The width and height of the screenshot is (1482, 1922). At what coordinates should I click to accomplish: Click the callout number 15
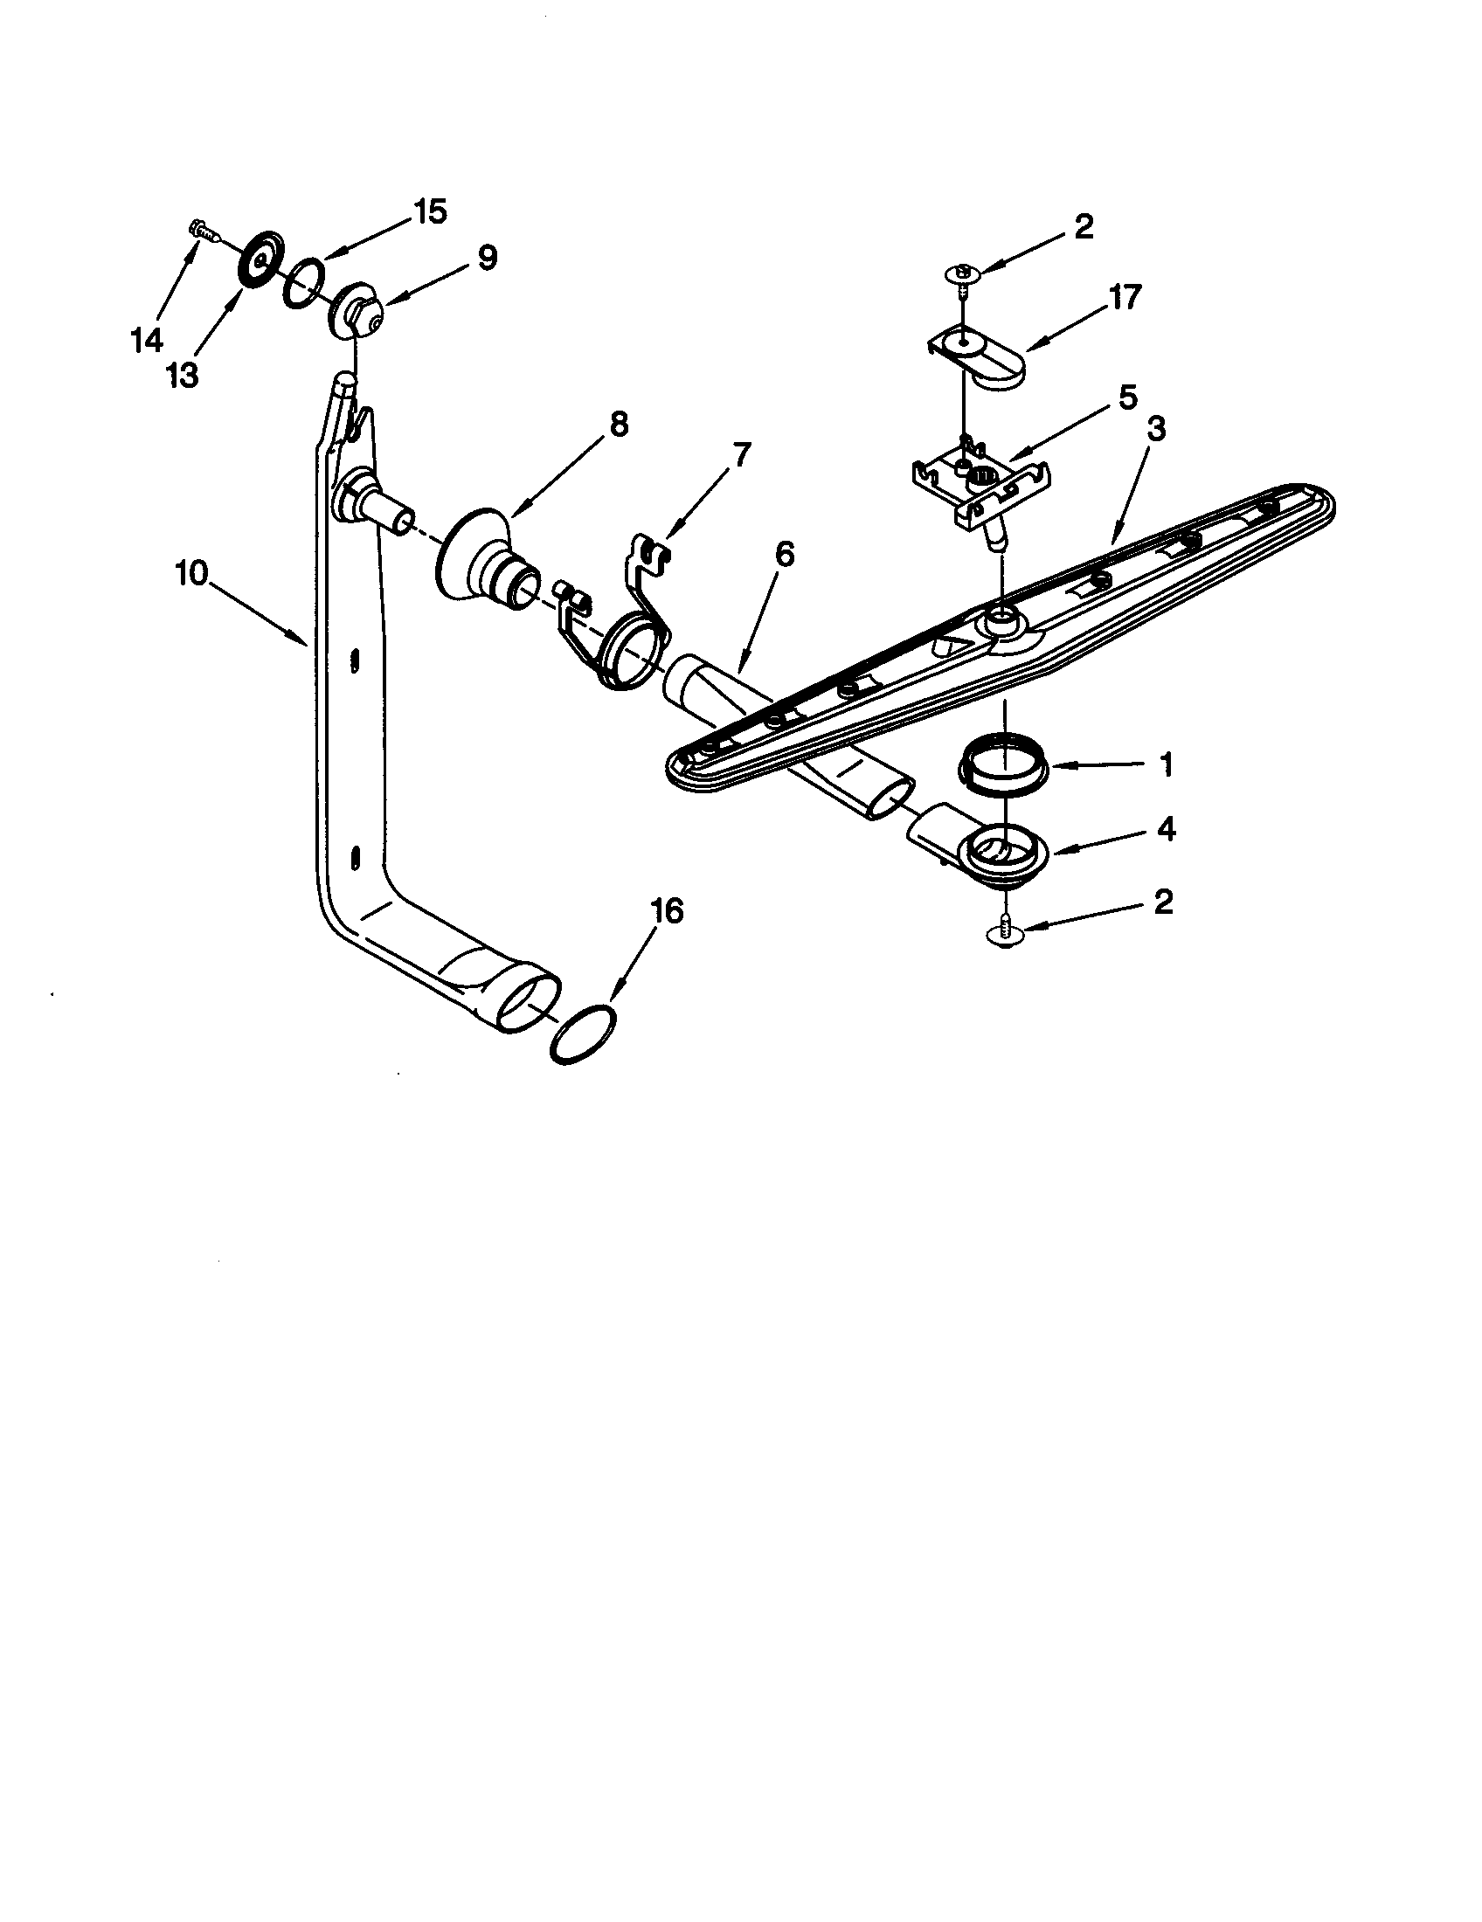[429, 212]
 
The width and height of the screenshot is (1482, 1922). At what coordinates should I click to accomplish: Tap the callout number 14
[147, 339]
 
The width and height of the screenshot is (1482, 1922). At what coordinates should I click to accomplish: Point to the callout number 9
[487, 257]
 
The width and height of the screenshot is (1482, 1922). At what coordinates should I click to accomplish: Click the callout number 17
[1125, 297]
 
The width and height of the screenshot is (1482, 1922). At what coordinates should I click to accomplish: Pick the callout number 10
[192, 574]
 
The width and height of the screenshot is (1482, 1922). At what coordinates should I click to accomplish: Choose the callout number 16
[667, 911]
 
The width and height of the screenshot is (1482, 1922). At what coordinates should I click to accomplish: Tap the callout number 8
[619, 425]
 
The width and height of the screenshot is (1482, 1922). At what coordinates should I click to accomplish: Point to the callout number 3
[1155, 429]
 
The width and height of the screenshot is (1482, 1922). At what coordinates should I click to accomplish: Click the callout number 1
[1166, 764]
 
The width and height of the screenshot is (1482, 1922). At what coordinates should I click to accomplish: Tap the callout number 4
[1166, 829]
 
